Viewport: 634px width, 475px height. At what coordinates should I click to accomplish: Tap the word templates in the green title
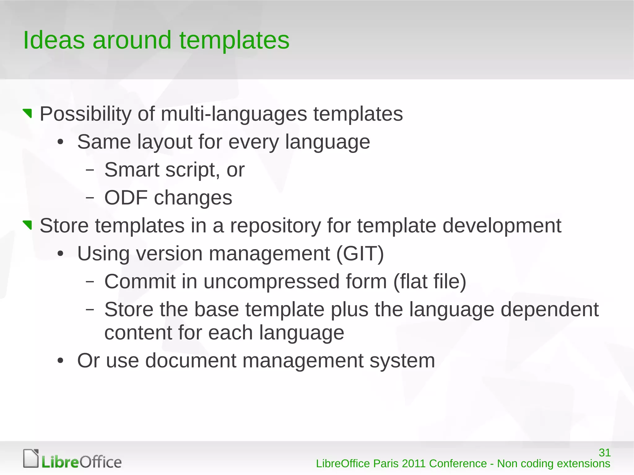tap(234, 40)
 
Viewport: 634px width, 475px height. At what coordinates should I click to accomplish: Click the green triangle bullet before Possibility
tap(28, 114)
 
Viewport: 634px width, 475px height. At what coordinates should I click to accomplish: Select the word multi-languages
tap(234, 114)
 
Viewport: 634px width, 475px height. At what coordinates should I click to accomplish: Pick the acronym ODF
tap(126, 197)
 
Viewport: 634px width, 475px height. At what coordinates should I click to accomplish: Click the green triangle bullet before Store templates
tap(28, 225)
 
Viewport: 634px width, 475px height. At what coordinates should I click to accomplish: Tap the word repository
tap(275, 226)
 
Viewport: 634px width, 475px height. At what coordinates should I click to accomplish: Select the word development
tap(502, 226)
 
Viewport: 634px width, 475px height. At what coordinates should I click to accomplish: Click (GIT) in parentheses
tap(360, 254)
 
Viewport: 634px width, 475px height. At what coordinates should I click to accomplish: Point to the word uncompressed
tap(271, 282)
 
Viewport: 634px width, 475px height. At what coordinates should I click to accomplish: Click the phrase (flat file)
tap(430, 282)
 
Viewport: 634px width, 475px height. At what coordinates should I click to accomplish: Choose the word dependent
tap(549, 309)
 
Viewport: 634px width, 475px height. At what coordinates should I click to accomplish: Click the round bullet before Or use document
tap(60, 361)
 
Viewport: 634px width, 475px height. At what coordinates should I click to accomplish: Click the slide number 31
tap(605, 453)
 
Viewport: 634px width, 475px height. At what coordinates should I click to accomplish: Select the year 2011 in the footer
tap(414, 464)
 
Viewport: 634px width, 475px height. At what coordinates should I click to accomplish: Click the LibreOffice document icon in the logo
tap(31, 458)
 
